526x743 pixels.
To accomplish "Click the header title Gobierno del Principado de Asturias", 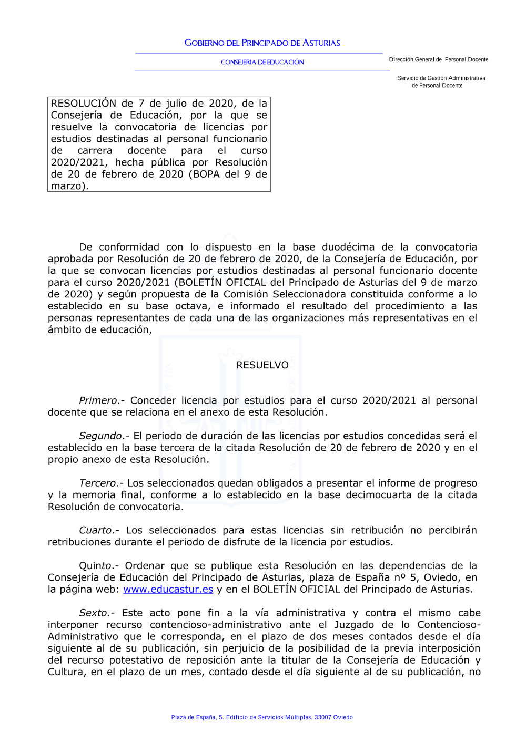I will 262,43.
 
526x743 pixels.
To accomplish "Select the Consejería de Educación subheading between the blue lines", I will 262,62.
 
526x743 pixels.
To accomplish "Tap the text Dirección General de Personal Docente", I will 438,60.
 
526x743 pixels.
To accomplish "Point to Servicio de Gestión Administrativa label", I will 441,78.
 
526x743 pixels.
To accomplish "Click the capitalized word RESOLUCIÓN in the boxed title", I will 84,104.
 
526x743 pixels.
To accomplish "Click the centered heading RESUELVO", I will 262,365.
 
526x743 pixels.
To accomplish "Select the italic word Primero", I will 98,400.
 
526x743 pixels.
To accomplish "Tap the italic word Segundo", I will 100,436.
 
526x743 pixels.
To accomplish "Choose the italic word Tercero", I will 97,483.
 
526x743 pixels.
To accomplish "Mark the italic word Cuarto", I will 96,531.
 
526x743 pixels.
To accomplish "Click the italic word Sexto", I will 94,613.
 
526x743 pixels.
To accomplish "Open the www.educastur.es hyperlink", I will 168,590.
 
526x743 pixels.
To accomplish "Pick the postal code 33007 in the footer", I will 322,717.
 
